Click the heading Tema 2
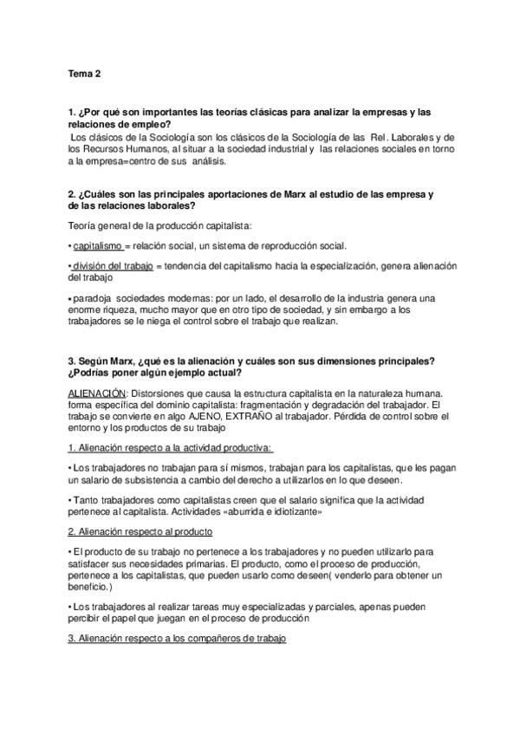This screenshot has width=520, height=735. tap(84, 75)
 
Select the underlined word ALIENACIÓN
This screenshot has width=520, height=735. tap(96, 393)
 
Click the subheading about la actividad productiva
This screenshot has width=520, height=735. tap(170, 447)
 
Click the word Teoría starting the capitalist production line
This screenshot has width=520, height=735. tap(82, 225)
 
